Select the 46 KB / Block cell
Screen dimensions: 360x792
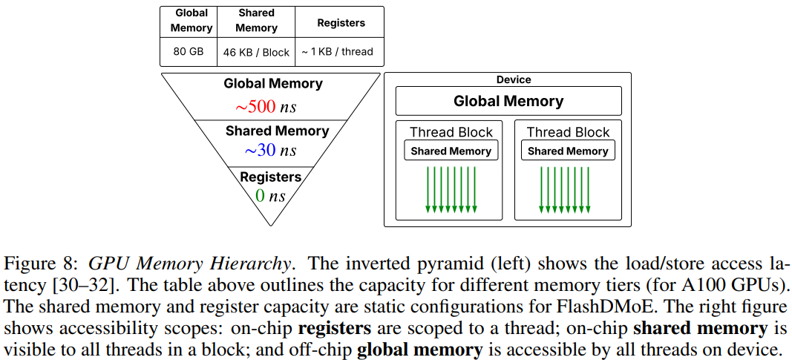click(x=256, y=53)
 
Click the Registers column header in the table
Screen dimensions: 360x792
click(x=341, y=23)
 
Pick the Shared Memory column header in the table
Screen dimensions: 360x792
click(x=256, y=21)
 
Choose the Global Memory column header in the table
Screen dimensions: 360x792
click(x=191, y=21)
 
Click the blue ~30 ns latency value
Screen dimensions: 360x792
click(x=270, y=151)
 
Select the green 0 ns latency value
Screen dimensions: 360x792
click(x=270, y=196)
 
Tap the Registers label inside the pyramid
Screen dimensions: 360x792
click(x=270, y=177)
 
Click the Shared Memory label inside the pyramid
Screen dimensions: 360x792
click(x=277, y=131)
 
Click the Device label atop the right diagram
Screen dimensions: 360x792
click(x=513, y=79)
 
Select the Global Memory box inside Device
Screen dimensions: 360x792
click(x=508, y=101)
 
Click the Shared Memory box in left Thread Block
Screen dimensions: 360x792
click(x=451, y=151)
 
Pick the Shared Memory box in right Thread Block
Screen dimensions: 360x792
click(x=568, y=151)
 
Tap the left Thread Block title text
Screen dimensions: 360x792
click(x=451, y=132)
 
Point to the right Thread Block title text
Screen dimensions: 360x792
click(x=568, y=132)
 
